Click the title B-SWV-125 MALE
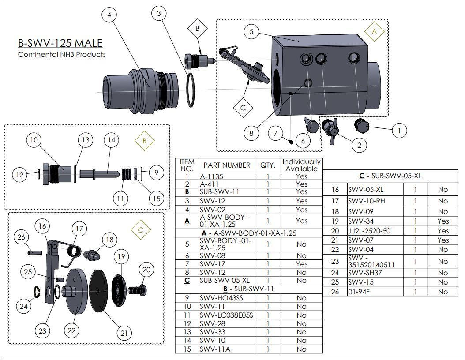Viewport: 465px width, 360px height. tap(60, 43)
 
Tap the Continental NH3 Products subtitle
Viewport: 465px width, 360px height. tap(62, 55)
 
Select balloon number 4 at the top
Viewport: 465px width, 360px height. tap(109, 15)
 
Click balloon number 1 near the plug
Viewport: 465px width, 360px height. tap(399, 130)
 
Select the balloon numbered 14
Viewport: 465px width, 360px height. tap(112, 140)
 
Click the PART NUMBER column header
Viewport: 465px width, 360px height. tap(227, 165)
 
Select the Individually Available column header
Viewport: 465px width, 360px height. tap(302, 165)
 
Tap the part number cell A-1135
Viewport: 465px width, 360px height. tap(210, 176)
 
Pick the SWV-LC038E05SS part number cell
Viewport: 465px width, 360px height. tap(226, 315)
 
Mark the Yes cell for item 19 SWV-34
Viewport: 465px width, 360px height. tap(443, 221)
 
